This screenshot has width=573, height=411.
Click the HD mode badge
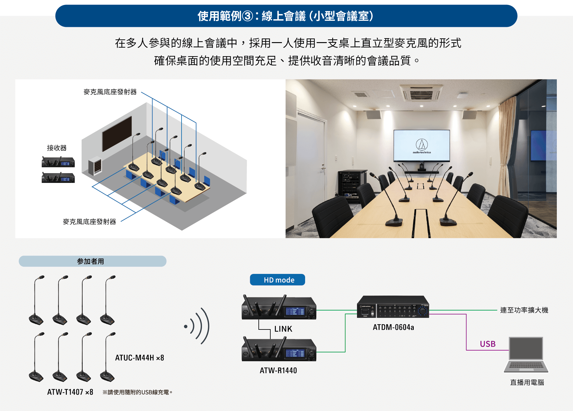[x=277, y=280]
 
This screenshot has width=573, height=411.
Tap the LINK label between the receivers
[x=283, y=329]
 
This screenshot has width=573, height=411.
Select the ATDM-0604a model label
[x=393, y=327]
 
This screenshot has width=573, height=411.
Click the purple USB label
[x=488, y=344]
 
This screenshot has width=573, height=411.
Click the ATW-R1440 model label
[x=278, y=370]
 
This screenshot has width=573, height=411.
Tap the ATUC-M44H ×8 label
[x=139, y=358]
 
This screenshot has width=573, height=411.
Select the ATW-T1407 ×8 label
[x=70, y=392]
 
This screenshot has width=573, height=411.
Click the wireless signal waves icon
[x=198, y=326]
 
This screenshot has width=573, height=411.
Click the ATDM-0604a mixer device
[x=393, y=307]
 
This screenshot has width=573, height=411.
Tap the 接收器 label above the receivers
[x=57, y=148]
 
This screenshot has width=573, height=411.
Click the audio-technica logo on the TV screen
[x=422, y=145]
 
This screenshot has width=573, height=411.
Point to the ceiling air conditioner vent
[x=421, y=93]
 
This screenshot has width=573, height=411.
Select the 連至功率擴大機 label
[x=524, y=310]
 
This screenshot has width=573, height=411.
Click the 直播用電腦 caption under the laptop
[x=527, y=382]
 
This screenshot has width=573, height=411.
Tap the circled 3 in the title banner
[x=247, y=16]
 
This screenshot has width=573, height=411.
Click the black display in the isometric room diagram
[x=117, y=133]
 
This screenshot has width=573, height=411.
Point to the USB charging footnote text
[x=138, y=392]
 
